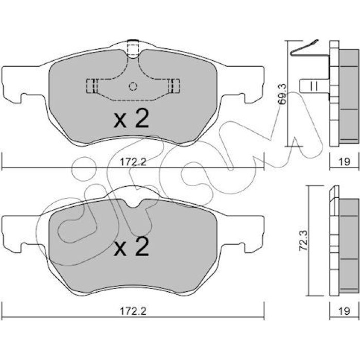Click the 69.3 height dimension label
[283, 94]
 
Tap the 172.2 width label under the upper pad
[133, 163]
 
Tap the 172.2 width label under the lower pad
[133, 311]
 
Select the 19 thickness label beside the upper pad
[345, 162]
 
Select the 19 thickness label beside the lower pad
[345, 311]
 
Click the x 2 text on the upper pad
[132, 119]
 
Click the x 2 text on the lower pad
[132, 246]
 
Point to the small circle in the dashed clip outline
[133, 86]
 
